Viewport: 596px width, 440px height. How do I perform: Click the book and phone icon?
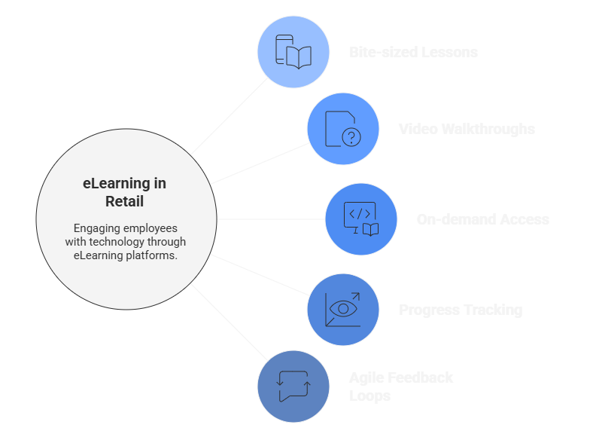pyautogui.click(x=293, y=53)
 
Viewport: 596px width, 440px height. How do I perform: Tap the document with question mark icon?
pyautogui.click(x=343, y=129)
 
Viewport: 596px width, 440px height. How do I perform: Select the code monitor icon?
pyautogui.click(x=360, y=219)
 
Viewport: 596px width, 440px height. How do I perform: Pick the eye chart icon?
pyautogui.click(x=343, y=310)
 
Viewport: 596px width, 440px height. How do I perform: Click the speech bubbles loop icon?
pyautogui.click(x=293, y=386)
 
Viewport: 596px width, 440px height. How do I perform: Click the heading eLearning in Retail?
pyautogui.click(x=125, y=192)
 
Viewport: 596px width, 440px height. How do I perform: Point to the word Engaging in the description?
pyautogui.click(x=96, y=228)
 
